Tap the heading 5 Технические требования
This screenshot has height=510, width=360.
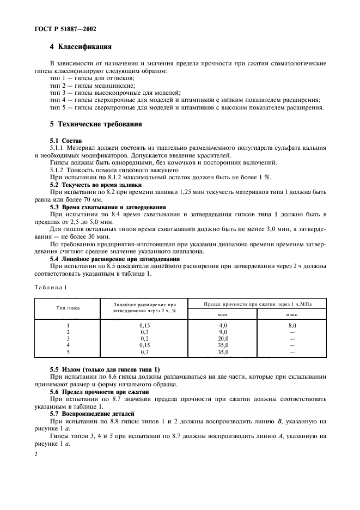pos(96,124)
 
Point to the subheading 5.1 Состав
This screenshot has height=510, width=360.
pos(66,141)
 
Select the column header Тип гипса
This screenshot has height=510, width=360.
pos(68,307)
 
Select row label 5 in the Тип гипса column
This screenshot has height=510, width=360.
pos(68,352)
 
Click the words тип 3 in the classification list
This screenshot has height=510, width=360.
pos(57,93)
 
